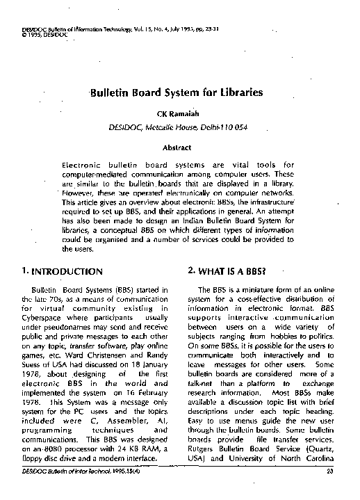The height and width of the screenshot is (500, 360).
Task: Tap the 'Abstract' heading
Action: pyautogui.click(x=177, y=147)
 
